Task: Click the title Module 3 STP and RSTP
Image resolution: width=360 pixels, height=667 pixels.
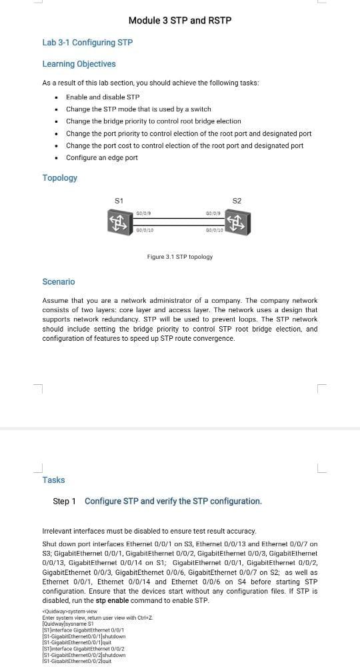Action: point(180,21)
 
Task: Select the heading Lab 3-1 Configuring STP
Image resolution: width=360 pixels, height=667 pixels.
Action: point(87,43)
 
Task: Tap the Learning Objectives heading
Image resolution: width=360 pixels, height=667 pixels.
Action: point(79,64)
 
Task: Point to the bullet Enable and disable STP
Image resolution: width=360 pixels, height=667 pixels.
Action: point(103,97)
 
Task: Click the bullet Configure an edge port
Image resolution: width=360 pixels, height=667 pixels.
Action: point(102,157)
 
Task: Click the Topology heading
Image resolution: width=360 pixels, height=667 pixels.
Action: point(60,178)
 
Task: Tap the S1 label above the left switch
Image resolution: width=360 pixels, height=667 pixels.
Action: point(119,200)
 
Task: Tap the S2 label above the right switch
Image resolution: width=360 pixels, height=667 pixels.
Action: point(237,200)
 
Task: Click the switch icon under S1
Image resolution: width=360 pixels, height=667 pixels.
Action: point(119,221)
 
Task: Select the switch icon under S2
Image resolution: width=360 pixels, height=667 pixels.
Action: point(237,221)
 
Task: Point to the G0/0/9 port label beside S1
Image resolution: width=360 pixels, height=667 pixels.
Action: point(143,213)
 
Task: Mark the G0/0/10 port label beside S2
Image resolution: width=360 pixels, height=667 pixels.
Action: point(214,231)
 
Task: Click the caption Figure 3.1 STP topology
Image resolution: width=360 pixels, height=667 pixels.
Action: point(179,257)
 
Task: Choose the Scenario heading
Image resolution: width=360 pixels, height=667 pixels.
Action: point(59,282)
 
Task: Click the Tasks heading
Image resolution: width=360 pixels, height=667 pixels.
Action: point(53,480)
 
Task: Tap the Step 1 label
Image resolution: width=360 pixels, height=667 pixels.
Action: point(65,501)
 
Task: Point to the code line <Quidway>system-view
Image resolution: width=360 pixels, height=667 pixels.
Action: point(69,610)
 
